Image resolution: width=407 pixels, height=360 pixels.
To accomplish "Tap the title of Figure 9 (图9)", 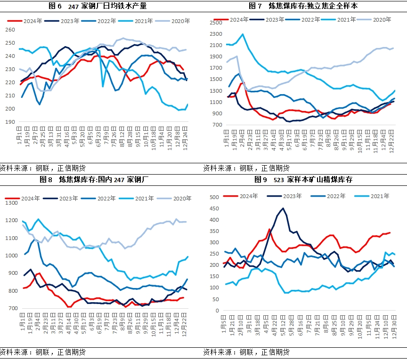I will point(303,179).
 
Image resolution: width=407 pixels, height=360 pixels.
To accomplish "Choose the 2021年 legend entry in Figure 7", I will point(346,19).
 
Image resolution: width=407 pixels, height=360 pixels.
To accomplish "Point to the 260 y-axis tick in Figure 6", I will point(10,30).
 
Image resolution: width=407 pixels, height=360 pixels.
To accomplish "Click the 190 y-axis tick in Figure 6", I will point(10,122).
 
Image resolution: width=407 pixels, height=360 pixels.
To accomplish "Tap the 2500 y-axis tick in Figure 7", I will point(215,23).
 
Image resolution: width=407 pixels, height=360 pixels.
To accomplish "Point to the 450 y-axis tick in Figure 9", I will point(214,208).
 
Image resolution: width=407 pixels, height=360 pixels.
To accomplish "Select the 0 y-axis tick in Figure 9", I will point(217,311).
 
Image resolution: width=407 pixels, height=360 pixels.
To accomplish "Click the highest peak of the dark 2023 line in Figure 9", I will point(283,208).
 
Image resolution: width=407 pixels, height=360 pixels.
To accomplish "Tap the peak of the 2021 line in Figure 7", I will point(243,34).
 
